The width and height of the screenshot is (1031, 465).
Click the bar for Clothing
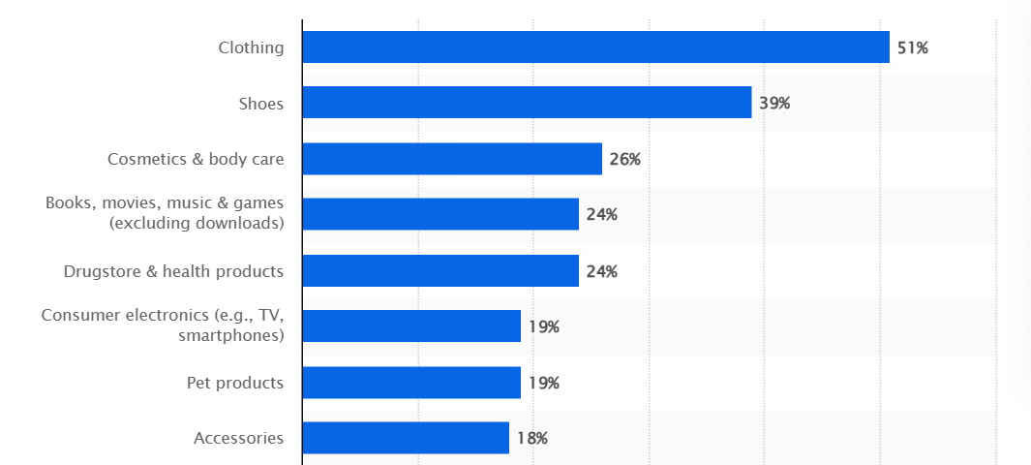(595, 46)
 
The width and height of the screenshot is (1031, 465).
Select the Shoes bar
(527, 103)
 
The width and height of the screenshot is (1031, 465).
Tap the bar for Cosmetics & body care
(452, 159)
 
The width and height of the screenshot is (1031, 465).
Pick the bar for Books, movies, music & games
(440, 214)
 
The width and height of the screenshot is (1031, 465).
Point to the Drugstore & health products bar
(440, 270)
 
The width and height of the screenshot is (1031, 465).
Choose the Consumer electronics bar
(411, 326)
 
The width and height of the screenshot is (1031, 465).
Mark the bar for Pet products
(411, 383)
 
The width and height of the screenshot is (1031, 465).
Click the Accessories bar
(406, 438)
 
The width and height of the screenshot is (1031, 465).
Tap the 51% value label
(912, 47)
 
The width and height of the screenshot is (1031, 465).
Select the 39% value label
(774, 103)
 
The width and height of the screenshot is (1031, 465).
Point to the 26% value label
(624, 159)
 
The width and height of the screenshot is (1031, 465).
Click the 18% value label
(531, 438)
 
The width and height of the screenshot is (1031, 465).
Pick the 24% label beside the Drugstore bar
(601, 271)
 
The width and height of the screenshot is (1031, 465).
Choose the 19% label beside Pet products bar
(543, 383)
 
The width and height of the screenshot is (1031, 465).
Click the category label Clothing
(251, 47)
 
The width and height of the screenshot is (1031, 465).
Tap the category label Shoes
(261, 104)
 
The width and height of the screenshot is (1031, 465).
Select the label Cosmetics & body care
(196, 159)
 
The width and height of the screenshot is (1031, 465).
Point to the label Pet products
(235, 383)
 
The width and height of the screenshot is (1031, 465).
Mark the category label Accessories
(239, 438)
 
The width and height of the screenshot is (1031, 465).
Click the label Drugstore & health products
(173, 271)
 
